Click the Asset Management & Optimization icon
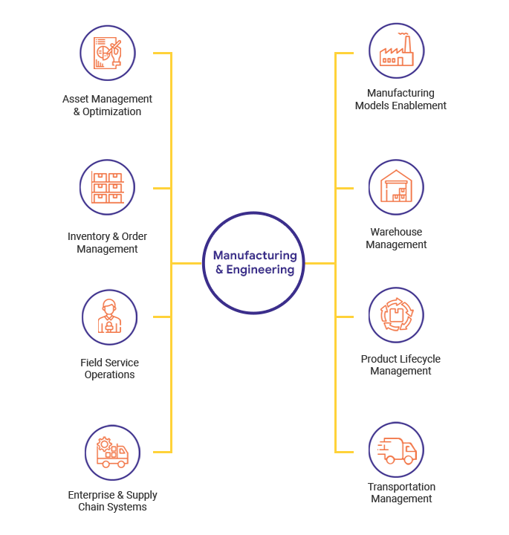tap(108, 53)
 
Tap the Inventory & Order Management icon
tap(108, 187)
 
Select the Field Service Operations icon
tap(109, 317)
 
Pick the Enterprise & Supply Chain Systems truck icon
tap(112, 453)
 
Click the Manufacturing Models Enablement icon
tap(397, 51)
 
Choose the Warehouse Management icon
tap(396, 187)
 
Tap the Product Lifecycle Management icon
tap(396, 315)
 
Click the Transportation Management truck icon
tap(396, 450)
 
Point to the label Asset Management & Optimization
tap(108, 106)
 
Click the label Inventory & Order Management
tap(108, 243)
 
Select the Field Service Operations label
tap(109, 369)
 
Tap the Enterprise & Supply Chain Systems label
tap(112, 501)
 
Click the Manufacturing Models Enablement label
tap(401, 100)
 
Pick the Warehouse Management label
tap(397, 239)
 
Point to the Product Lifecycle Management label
tap(401, 365)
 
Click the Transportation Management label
tap(401, 493)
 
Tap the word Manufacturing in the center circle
tap(255, 255)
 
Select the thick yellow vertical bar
tap(163, 253)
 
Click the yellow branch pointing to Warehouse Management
tap(344, 188)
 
